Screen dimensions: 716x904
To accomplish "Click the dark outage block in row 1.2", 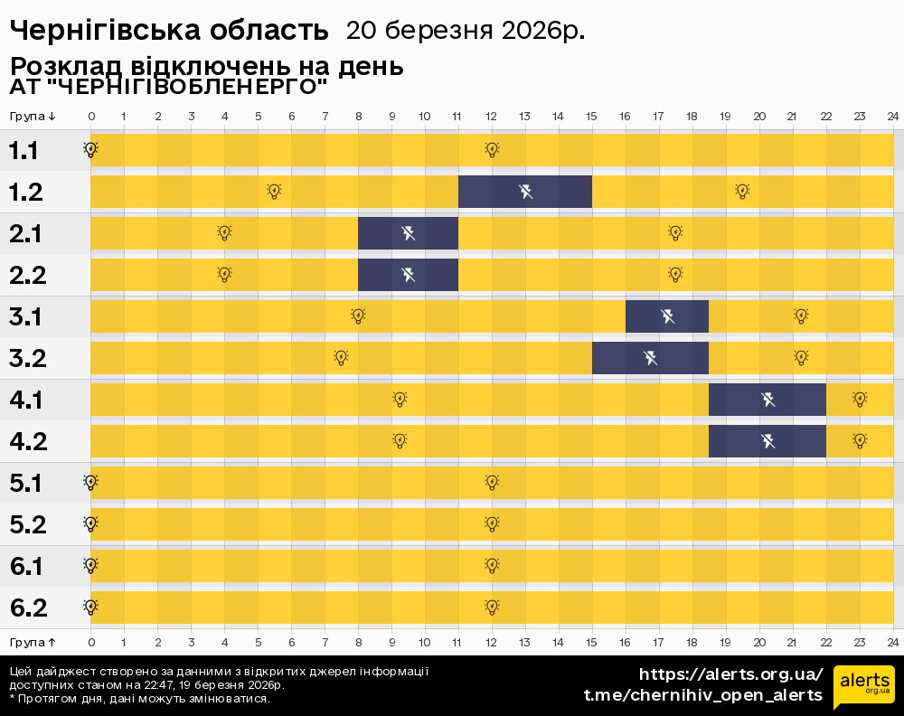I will pyautogui.click(x=525, y=192).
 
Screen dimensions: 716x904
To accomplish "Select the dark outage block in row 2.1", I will pyautogui.click(x=408, y=233).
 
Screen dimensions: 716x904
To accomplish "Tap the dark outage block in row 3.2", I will pyautogui.click(x=650, y=358).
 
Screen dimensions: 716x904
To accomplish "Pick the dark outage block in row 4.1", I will pyautogui.click(x=767, y=400).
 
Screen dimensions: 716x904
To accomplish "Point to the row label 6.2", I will pyautogui.click(x=28, y=608).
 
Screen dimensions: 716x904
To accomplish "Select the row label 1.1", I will pyautogui.click(x=24, y=151).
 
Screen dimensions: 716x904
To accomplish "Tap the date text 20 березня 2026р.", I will pyautogui.click(x=465, y=31).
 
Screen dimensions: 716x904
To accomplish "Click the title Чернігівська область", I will pyautogui.click(x=169, y=31).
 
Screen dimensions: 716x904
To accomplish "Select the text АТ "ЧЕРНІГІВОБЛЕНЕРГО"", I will pyautogui.click(x=168, y=88).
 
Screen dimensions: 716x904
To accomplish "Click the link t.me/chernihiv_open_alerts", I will pyautogui.click(x=703, y=695).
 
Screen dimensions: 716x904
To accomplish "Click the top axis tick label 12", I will pyautogui.click(x=491, y=117).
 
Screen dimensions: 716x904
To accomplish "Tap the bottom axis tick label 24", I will pyautogui.click(x=892, y=641).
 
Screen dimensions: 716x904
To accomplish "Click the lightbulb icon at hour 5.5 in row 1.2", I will pyautogui.click(x=274, y=192).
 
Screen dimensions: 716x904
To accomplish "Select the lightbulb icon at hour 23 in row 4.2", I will pyautogui.click(x=860, y=441).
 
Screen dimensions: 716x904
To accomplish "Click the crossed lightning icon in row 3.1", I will pyautogui.click(x=667, y=316).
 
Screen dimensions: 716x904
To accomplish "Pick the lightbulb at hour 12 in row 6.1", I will pyautogui.click(x=492, y=566).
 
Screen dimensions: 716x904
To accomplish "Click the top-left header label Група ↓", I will pyautogui.click(x=33, y=117).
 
